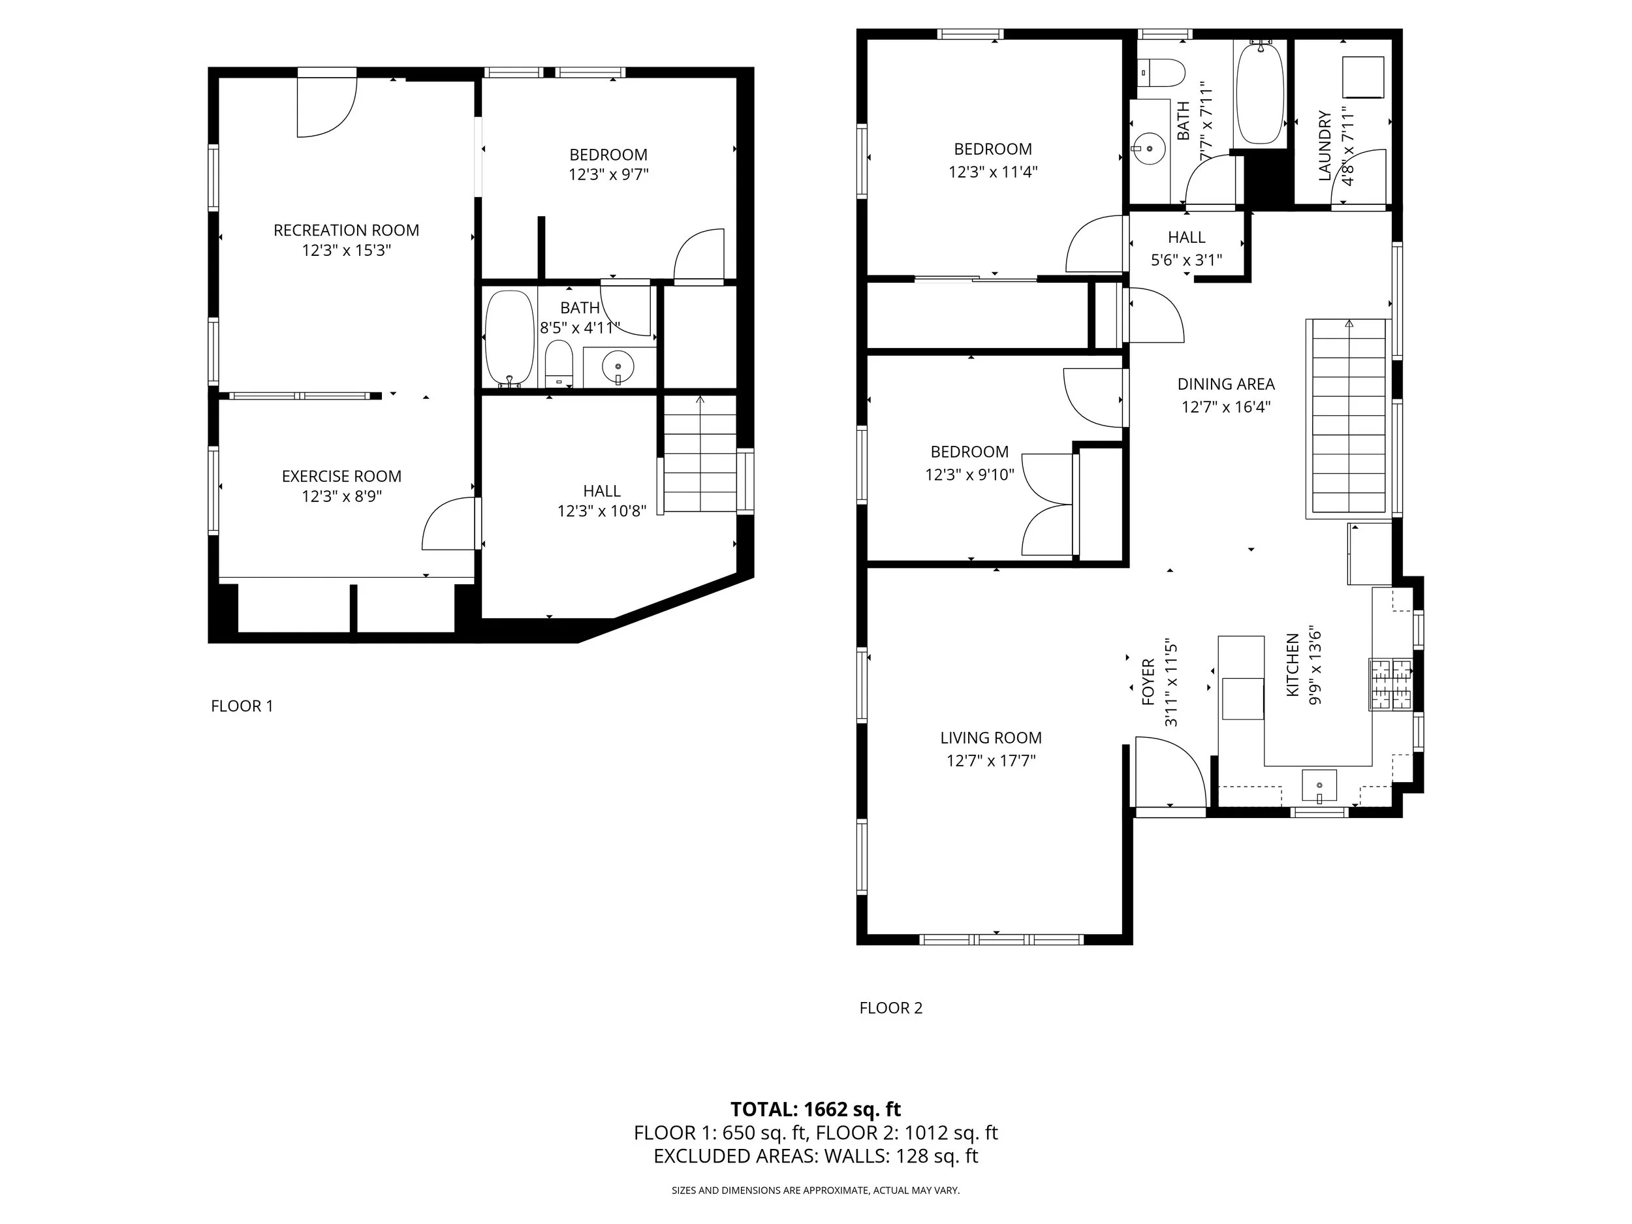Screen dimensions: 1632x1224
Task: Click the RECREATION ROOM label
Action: [x=346, y=230]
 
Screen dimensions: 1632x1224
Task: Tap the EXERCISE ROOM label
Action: [x=341, y=477]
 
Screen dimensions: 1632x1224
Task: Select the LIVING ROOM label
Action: [x=991, y=738]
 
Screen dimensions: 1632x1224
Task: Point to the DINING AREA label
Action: [x=1226, y=384]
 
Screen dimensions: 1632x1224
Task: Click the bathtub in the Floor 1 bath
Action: [x=509, y=338]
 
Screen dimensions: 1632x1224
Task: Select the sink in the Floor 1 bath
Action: [x=618, y=367]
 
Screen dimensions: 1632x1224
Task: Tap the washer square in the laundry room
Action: [x=1362, y=77]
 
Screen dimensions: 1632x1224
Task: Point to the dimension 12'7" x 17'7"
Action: [x=991, y=761]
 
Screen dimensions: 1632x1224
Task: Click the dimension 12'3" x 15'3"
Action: [x=346, y=250]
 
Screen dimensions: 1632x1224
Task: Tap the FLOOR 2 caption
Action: [x=890, y=1008]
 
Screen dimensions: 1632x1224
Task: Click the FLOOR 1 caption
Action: [x=242, y=706]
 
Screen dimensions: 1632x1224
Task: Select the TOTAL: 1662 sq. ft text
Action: [x=815, y=1110]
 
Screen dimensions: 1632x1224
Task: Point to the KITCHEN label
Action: [x=1293, y=665]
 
